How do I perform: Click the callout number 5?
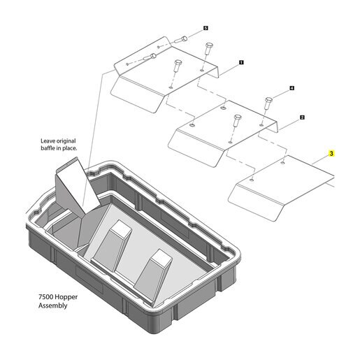pos(206,28)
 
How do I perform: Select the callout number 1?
pos(241,62)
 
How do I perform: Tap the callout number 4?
pos(291,88)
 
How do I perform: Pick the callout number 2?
pos(302,117)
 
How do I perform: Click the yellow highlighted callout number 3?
pos(331,154)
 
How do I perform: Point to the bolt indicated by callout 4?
pos(268,103)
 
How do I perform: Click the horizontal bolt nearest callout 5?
pos(181,39)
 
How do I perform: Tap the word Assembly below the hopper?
pos(52,305)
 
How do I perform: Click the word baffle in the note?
pos(48,148)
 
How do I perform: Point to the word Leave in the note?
pos(47,141)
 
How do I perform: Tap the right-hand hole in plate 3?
pos(282,162)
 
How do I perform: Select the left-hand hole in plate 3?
pos(252,180)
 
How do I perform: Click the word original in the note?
pos(64,141)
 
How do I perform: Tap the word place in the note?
pos(70,148)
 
